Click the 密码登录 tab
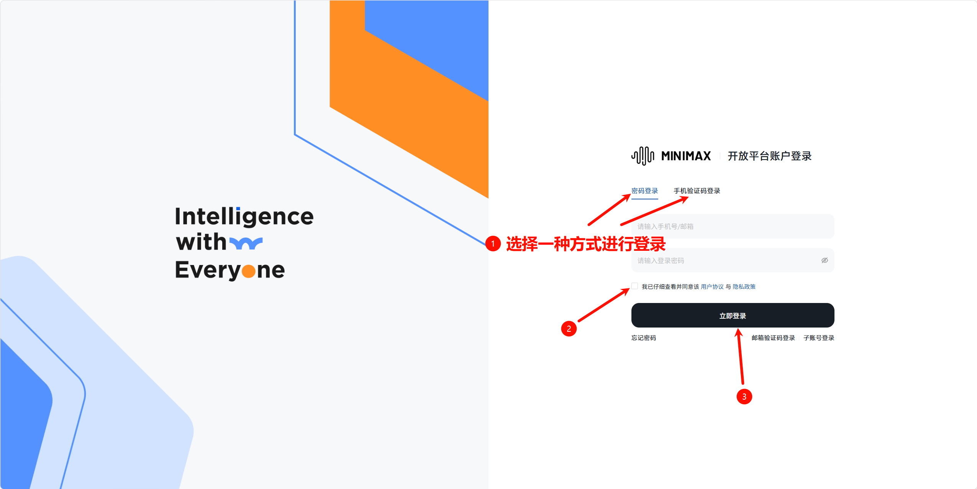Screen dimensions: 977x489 644,191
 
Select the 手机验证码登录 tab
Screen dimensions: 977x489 697,191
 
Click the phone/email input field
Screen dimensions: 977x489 733,226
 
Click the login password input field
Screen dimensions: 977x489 724,260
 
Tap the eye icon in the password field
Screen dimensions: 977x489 825,260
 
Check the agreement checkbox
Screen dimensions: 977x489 635,286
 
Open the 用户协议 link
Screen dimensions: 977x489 712,286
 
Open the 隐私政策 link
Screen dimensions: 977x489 744,286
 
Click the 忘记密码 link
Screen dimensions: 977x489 644,338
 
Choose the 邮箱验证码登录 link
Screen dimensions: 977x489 773,338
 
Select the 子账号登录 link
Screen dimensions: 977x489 819,338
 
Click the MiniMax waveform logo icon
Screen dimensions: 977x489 643,156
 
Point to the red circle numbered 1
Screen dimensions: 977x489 493,244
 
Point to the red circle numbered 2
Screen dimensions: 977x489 569,329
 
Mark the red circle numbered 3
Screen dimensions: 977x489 744,397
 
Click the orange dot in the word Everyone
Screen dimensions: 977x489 249,271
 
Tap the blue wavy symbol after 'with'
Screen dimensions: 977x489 246,243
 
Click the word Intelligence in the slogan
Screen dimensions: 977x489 244,217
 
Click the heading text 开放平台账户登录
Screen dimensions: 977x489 770,156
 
